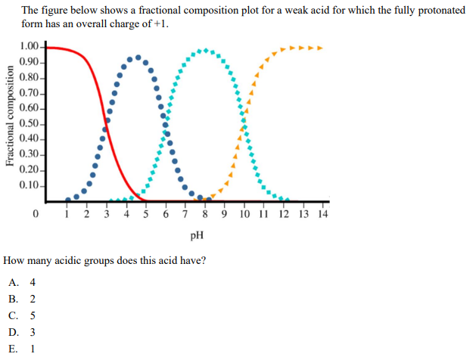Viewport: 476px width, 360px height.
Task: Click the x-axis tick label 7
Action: point(185,214)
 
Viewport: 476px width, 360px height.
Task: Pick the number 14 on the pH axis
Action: point(323,214)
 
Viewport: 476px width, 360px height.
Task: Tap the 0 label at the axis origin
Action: point(36,214)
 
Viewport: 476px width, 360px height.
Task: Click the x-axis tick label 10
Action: point(244,214)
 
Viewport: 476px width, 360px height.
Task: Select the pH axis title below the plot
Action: point(197,235)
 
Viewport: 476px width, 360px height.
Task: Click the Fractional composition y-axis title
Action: point(11,115)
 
